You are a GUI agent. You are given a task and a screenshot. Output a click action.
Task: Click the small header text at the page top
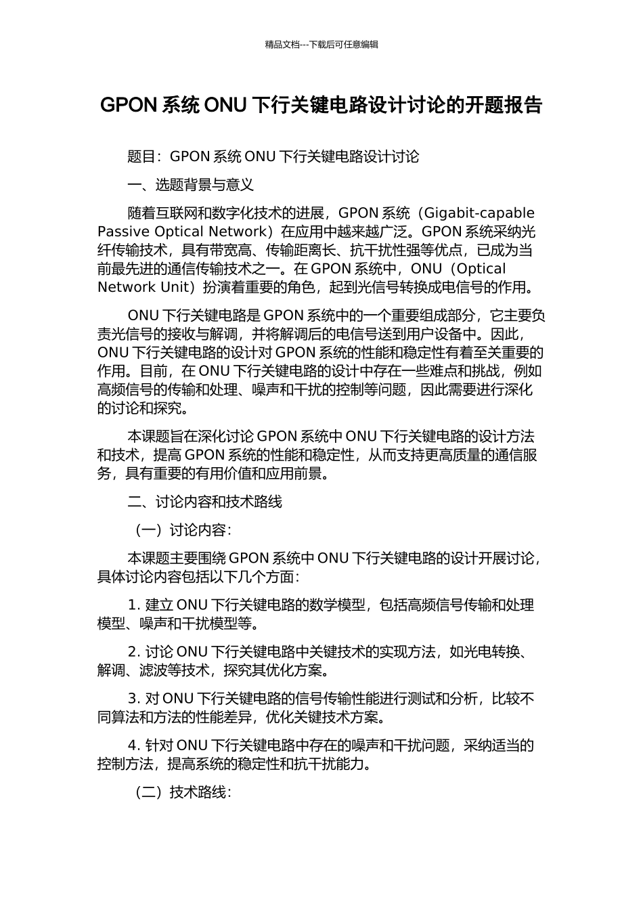click(x=321, y=45)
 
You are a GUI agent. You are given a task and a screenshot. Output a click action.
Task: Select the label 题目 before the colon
click(x=141, y=156)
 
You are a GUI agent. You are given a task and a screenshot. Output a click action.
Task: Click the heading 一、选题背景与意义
click(x=191, y=184)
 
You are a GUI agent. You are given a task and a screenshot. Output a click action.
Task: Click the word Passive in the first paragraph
click(x=123, y=231)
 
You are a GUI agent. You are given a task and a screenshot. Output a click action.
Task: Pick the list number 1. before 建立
click(x=133, y=605)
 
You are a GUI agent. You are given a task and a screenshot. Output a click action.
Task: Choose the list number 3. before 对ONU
click(x=133, y=699)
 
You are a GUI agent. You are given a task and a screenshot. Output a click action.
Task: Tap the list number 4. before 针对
click(x=133, y=745)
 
